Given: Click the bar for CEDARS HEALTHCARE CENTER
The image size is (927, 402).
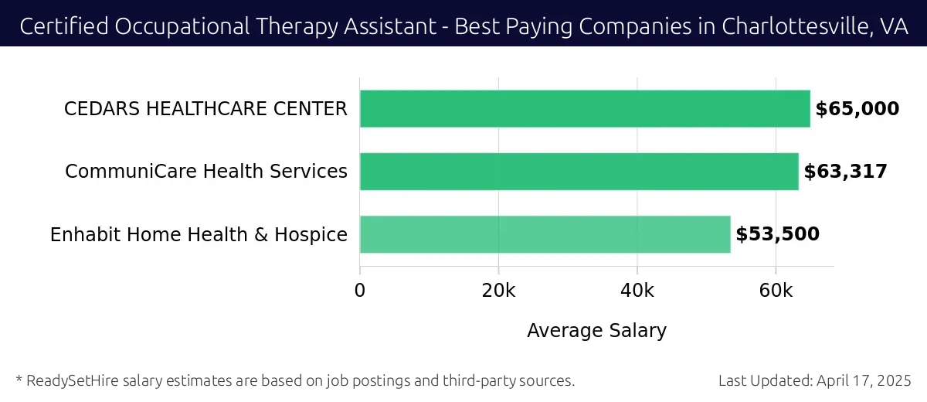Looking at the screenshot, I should coord(585,109).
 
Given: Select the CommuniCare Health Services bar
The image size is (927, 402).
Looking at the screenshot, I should coord(579,172).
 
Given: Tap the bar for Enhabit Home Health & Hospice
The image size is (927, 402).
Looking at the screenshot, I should coord(545,234).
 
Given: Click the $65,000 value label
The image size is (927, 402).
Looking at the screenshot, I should coord(857,109).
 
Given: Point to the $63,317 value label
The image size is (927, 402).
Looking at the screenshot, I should coord(845,172).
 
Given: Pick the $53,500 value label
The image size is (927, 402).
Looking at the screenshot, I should coord(777,234).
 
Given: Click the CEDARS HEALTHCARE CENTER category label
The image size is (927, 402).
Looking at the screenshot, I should coord(205,109).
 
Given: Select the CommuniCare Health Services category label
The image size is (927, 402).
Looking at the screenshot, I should coord(206,172).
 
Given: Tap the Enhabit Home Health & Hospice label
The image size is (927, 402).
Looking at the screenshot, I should coord(199,234).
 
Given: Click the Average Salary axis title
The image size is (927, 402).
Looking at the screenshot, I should coord(596,331).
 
